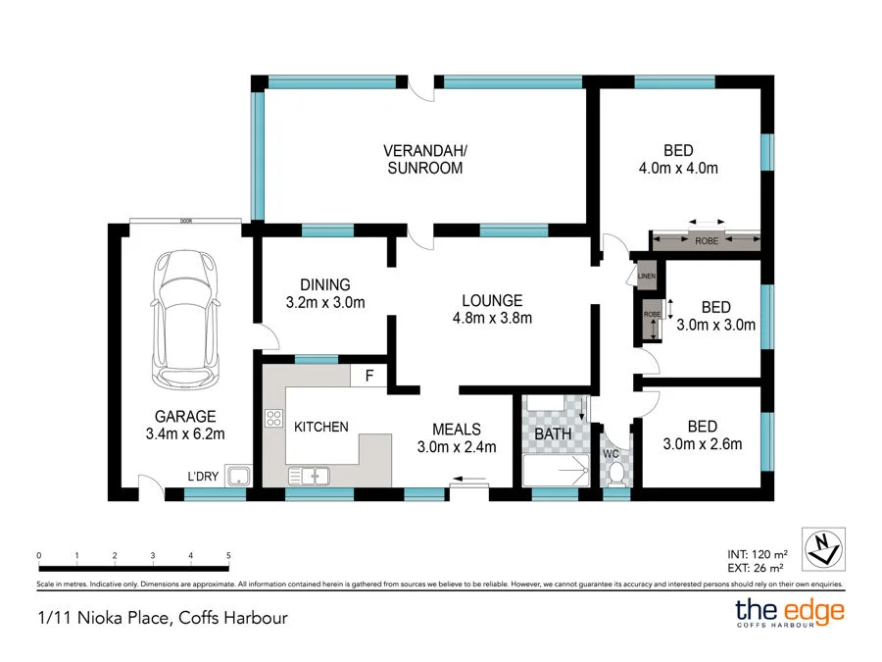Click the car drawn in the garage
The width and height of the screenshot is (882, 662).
183,320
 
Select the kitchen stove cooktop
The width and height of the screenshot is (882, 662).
273,419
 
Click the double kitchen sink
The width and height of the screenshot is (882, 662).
309,476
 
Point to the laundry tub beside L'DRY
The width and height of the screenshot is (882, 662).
238,477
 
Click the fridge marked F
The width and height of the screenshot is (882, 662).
369,375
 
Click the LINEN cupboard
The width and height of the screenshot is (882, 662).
646,277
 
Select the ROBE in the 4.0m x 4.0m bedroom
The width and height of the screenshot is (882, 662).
706,240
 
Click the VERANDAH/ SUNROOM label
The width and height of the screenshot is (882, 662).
424,160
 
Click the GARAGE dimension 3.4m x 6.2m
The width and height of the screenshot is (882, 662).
184,433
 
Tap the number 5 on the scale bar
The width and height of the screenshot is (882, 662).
228,555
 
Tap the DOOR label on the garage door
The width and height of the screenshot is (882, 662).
185,222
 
